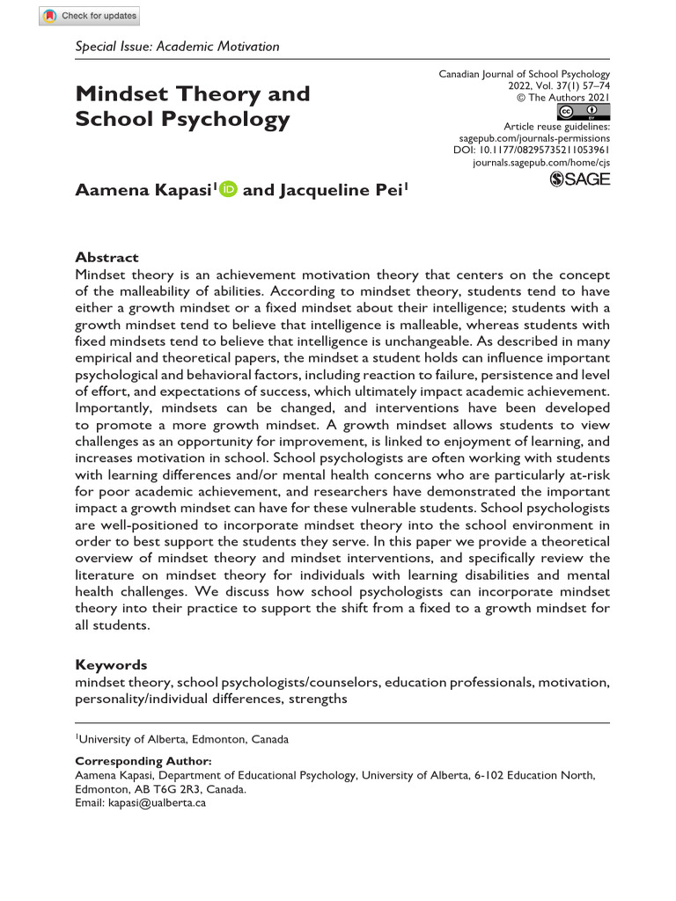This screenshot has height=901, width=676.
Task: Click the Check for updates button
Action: pyautogui.click(x=90, y=16)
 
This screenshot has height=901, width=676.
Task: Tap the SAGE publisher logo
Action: pyautogui.click(x=579, y=179)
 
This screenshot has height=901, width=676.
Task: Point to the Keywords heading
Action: pyautogui.click(x=111, y=665)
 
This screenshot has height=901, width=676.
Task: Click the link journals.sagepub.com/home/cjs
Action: pyautogui.click(x=541, y=164)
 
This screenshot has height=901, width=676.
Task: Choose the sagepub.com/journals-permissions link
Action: pyautogui.click(x=534, y=139)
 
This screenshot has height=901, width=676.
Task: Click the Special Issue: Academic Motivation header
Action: pyautogui.click(x=177, y=47)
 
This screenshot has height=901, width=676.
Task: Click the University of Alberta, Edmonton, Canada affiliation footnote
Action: pyautogui.click(x=183, y=739)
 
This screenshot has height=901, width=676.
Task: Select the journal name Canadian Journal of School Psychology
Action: pyautogui.click(x=524, y=75)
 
